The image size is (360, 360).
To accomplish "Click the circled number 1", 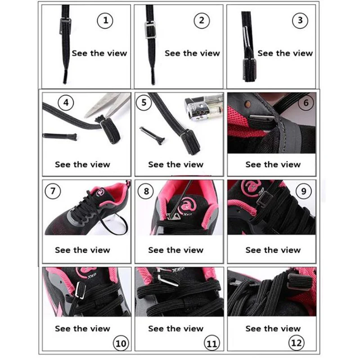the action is pyautogui.click(x=105, y=21).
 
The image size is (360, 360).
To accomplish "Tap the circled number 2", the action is pyautogui.click(x=202, y=21).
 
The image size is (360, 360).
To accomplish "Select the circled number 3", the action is pyautogui.click(x=300, y=21).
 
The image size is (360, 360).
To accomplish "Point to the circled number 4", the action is pyautogui.click(x=66, y=103).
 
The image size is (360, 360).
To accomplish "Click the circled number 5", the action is pyautogui.click(x=144, y=103).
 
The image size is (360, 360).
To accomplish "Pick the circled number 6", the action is pyautogui.click(x=306, y=103).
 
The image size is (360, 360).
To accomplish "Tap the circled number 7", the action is pyautogui.click(x=53, y=191).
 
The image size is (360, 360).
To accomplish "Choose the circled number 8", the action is pyautogui.click(x=146, y=191).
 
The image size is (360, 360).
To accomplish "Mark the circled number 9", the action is pyautogui.click(x=303, y=191).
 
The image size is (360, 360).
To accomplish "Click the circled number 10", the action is pyautogui.click(x=121, y=343).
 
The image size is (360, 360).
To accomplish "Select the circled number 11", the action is pyautogui.click(x=212, y=343).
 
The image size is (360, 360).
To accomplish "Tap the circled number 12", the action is pyautogui.click(x=296, y=343).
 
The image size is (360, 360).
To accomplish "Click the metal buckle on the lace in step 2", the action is pyautogui.click(x=150, y=30).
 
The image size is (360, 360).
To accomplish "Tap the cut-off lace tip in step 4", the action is pyautogui.click(x=60, y=136).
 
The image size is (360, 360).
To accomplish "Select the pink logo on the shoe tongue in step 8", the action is pyautogui.click(x=187, y=206).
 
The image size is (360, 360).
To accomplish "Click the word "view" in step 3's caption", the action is pyautogui.click(x=303, y=53).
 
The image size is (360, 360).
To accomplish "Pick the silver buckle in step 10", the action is pyautogui.click(x=81, y=290).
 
